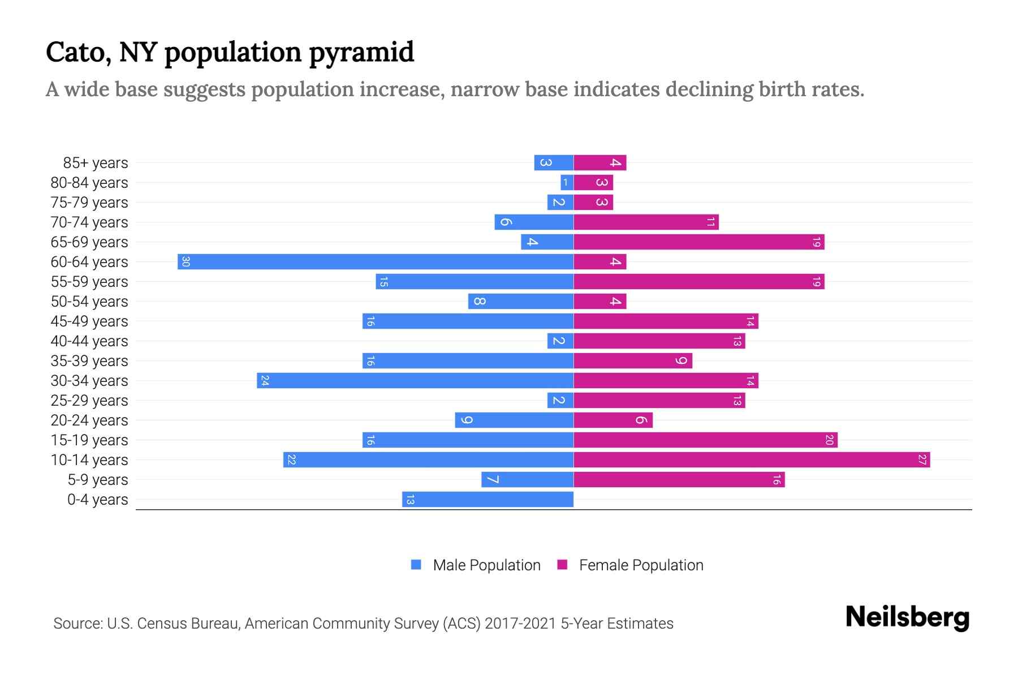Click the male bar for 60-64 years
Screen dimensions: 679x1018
376,262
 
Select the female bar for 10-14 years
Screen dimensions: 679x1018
752,460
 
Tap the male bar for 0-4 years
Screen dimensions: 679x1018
488,500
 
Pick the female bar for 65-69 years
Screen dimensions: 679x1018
699,242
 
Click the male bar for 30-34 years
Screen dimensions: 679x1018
415,381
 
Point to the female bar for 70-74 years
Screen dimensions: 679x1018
646,222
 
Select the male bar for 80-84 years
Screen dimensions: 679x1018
567,183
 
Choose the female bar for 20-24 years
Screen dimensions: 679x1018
613,420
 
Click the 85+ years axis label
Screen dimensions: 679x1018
95,163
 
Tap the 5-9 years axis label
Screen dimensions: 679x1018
97,480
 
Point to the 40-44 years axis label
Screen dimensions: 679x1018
89,341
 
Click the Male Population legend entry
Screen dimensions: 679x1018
476,565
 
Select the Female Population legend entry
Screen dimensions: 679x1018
631,565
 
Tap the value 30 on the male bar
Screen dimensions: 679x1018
186,262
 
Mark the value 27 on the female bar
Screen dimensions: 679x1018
922,460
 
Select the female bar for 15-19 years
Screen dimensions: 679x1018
705,440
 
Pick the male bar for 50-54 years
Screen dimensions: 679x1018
521,302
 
